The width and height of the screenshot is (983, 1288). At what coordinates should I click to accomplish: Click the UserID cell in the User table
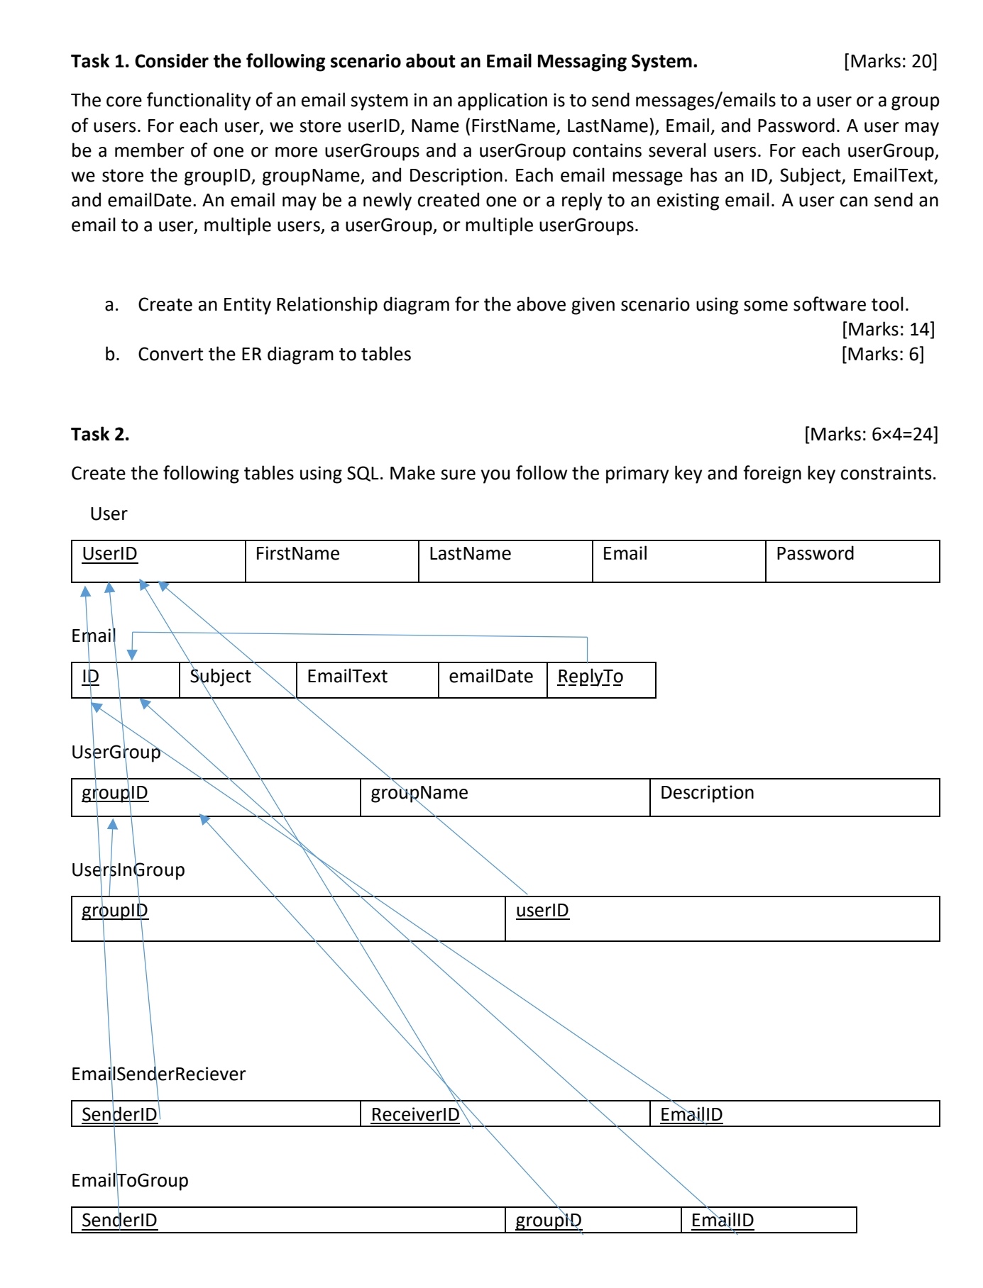[x=158, y=561]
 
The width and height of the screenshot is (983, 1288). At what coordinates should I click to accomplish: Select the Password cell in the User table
[x=852, y=561]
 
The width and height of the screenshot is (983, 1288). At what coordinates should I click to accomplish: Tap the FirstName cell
[x=331, y=561]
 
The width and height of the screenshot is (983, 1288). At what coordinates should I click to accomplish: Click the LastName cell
[x=505, y=561]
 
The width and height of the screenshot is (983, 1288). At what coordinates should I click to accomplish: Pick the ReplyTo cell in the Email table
[x=600, y=679]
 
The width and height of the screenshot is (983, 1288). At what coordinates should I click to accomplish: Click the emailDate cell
[x=492, y=679]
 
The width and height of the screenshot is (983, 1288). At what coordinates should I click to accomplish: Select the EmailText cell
[x=366, y=679]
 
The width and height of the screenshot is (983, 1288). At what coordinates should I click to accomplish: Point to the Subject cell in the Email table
[x=237, y=679]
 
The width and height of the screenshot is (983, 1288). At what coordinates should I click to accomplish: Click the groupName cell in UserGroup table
[x=504, y=797]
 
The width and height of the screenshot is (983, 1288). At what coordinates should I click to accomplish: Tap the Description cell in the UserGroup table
[x=793, y=797]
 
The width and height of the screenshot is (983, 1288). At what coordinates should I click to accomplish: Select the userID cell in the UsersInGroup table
[x=721, y=918]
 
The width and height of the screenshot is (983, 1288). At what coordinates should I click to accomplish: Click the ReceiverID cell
[x=504, y=1114]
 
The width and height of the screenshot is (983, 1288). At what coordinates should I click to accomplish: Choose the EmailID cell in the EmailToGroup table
[x=768, y=1220]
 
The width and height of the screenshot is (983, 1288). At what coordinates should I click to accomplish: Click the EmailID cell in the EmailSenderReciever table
[x=793, y=1114]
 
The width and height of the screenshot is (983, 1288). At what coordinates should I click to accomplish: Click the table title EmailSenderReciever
[x=158, y=1074]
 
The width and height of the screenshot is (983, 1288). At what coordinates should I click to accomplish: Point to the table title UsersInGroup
[x=128, y=870]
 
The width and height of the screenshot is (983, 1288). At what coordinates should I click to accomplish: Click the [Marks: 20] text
[x=890, y=61]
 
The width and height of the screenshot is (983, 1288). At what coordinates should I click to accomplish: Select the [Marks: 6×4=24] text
[x=870, y=434]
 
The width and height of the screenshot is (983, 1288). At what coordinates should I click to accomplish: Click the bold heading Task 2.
[x=100, y=434]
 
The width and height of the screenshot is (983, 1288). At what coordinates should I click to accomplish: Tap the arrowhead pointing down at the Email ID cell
[x=132, y=654]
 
